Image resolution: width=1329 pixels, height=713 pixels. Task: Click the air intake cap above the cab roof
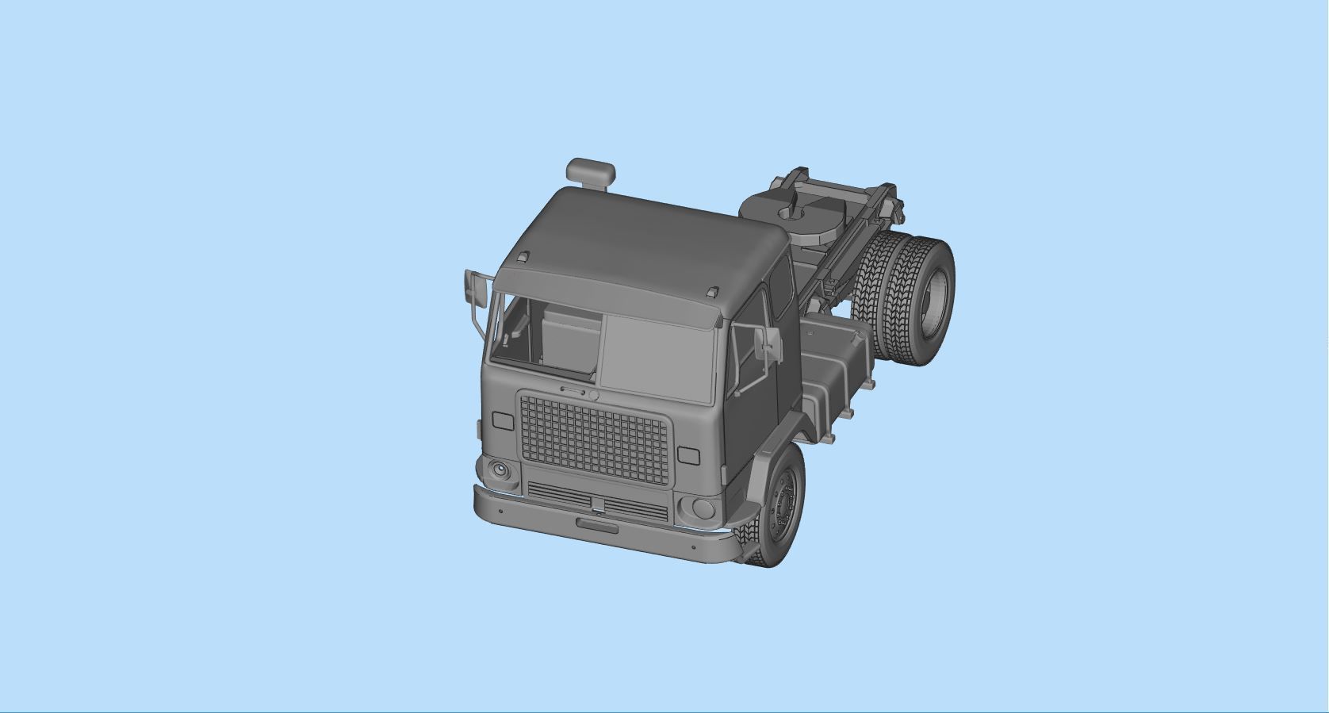591,171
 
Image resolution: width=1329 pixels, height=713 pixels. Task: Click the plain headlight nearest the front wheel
700,508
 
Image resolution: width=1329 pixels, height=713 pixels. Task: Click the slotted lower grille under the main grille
597,501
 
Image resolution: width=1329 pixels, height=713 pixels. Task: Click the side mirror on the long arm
476,287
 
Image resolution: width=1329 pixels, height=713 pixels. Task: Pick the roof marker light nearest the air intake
523,257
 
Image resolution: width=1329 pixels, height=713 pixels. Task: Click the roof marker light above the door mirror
713,292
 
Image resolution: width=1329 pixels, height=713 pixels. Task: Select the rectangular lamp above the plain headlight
688,456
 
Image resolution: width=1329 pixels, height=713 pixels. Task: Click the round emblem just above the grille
593,395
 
